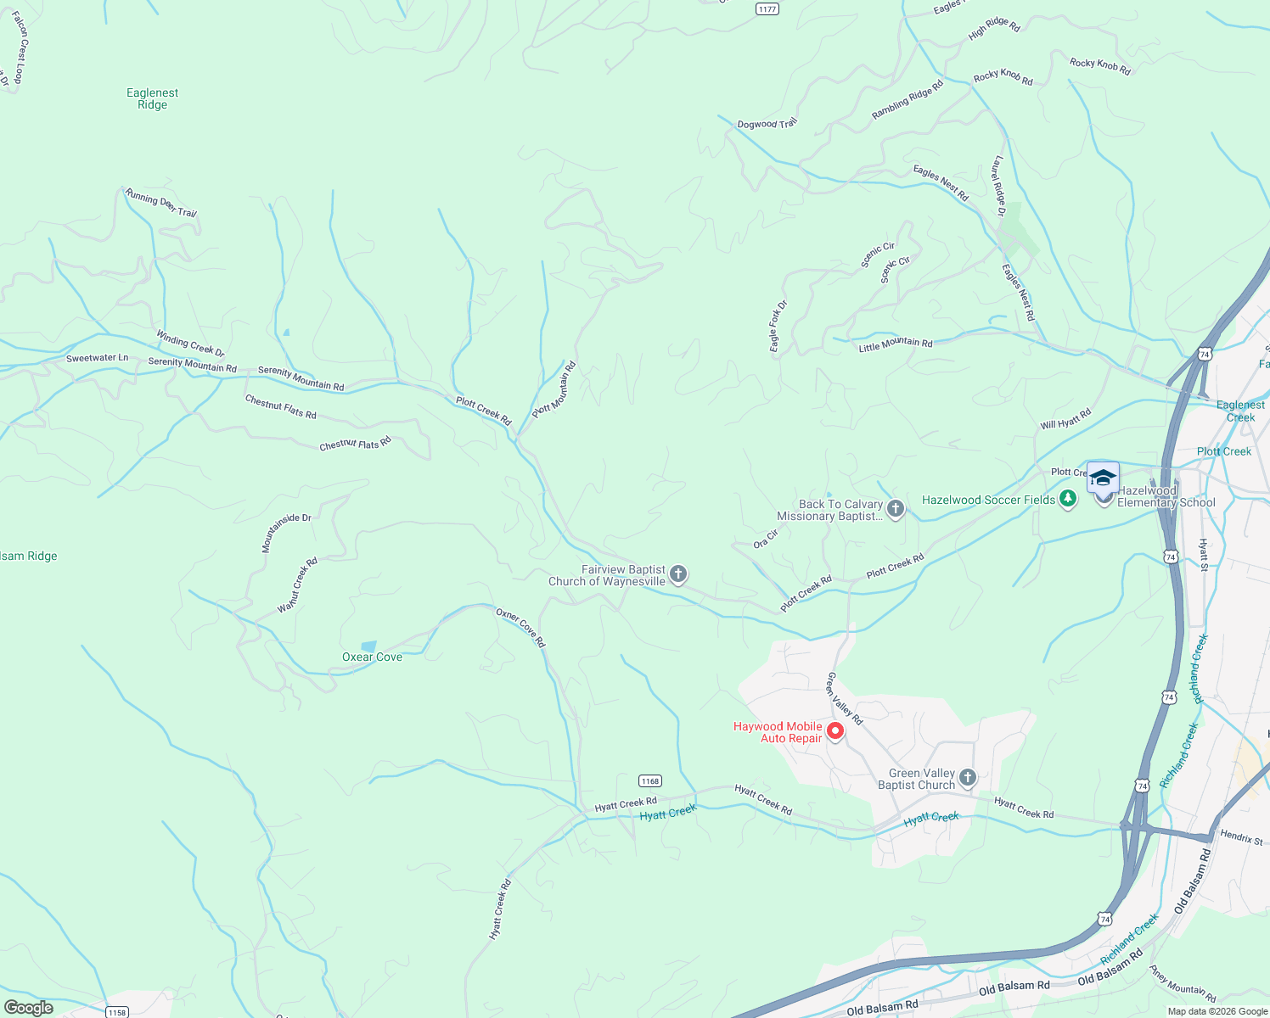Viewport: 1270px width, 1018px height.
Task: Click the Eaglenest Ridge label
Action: coord(152,98)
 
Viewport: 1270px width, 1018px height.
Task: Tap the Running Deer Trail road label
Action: coord(161,203)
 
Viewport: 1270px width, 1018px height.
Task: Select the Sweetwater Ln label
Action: coord(97,358)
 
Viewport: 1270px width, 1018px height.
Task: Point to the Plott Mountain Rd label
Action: coord(554,389)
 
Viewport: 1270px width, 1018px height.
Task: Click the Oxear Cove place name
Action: coord(372,657)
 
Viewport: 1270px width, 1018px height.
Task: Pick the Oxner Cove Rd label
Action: coord(520,628)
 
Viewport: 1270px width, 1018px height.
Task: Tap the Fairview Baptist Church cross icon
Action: coord(678,575)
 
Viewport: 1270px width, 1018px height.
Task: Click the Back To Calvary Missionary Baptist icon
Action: coord(895,509)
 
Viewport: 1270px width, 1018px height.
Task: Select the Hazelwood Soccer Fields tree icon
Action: coord(1068,500)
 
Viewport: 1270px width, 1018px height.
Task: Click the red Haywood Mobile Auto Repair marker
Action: coord(835,731)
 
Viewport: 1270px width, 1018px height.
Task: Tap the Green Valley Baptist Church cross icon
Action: coord(967,778)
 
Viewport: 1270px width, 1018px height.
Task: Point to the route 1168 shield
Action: coord(650,780)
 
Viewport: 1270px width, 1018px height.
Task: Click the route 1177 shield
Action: coord(767,8)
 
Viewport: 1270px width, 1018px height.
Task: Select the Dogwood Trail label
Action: coord(767,124)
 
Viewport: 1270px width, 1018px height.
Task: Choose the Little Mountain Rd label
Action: coord(895,344)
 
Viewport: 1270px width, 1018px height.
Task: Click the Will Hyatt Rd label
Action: coord(1065,419)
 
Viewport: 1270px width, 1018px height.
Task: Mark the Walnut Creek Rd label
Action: coord(297,585)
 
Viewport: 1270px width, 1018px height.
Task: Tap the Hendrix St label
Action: coord(1241,837)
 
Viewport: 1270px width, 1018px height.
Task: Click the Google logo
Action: coord(29,1008)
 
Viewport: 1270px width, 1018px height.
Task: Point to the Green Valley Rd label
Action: coord(845,698)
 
